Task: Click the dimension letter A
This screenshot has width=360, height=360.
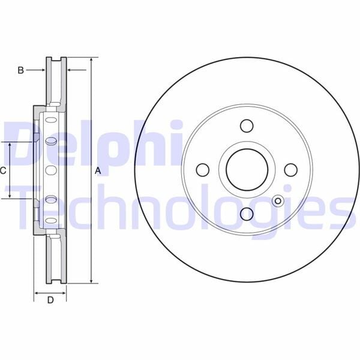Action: point(97,171)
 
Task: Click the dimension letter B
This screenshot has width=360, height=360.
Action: point(20,71)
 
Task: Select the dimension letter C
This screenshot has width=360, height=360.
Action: point(3,171)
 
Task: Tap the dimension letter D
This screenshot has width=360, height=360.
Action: point(50,300)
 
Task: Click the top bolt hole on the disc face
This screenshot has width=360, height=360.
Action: point(247,126)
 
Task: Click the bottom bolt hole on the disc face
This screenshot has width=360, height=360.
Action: point(247,214)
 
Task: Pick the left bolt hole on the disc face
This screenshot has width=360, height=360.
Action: point(203,170)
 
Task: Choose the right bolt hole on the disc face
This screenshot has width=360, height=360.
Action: point(290,170)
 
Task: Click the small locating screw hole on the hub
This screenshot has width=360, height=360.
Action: point(277,201)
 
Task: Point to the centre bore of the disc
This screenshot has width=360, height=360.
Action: point(247,170)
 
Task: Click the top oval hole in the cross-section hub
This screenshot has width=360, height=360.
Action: point(51,142)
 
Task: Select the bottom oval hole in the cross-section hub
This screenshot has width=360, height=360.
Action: point(51,199)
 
